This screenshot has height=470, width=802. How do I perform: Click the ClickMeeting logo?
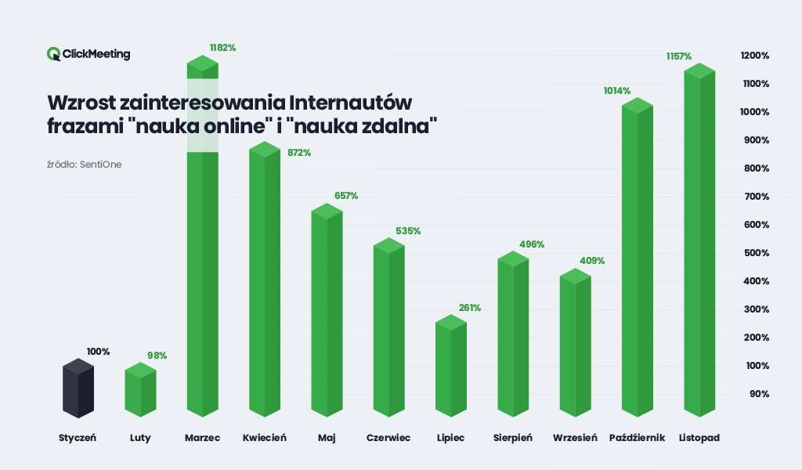tap(89, 54)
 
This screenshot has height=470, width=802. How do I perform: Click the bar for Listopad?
tap(699, 243)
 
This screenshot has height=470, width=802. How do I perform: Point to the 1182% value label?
tap(222, 48)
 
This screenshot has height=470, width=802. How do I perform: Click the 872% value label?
tap(299, 153)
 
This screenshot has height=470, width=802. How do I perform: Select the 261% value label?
tap(470, 308)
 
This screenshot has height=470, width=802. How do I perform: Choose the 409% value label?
tap(592, 261)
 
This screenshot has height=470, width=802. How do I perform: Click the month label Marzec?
tap(202, 438)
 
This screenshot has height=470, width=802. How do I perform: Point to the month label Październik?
tap(637, 438)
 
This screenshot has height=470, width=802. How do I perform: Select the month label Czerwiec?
tap(388, 438)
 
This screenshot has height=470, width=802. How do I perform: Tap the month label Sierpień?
tap(513, 438)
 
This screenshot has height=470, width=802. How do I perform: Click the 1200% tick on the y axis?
tap(754, 56)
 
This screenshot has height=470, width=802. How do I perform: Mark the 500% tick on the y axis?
tap(756, 253)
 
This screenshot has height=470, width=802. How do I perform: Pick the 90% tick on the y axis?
tap(758, 394)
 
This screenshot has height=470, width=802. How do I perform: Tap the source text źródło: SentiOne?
tap(85, 164)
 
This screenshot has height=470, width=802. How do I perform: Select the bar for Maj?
tap(327, 313)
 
